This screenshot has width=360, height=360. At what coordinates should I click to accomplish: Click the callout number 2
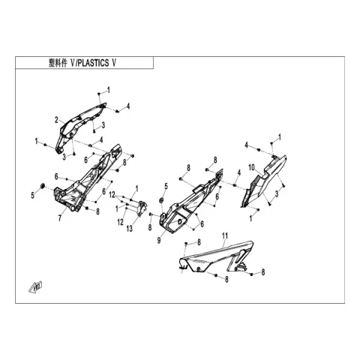coord(57,120)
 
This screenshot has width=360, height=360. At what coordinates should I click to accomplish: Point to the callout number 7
coord(60,218)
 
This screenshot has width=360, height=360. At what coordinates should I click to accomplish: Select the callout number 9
coord(159,241)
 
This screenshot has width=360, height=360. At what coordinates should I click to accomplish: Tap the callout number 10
coord(251,167)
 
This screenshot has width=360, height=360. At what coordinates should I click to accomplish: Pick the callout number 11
coord(225,235)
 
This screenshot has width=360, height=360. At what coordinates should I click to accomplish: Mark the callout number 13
coord(130,228)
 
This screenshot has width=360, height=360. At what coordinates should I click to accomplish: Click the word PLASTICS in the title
coord(93,63)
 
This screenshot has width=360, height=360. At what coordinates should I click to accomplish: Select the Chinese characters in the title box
coord(58,63)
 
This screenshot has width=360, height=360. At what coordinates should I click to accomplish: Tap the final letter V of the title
coord(114,63)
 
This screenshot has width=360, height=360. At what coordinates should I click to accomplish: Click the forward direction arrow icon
coord(36,286)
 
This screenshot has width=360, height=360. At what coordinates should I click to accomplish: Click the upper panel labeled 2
coord(79,126)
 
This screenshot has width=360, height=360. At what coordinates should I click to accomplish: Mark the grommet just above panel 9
coord(161,200)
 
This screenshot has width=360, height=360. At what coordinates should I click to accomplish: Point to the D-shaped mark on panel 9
coord(180,221)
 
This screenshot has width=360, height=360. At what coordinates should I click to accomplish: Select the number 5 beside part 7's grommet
coord(33,196)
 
